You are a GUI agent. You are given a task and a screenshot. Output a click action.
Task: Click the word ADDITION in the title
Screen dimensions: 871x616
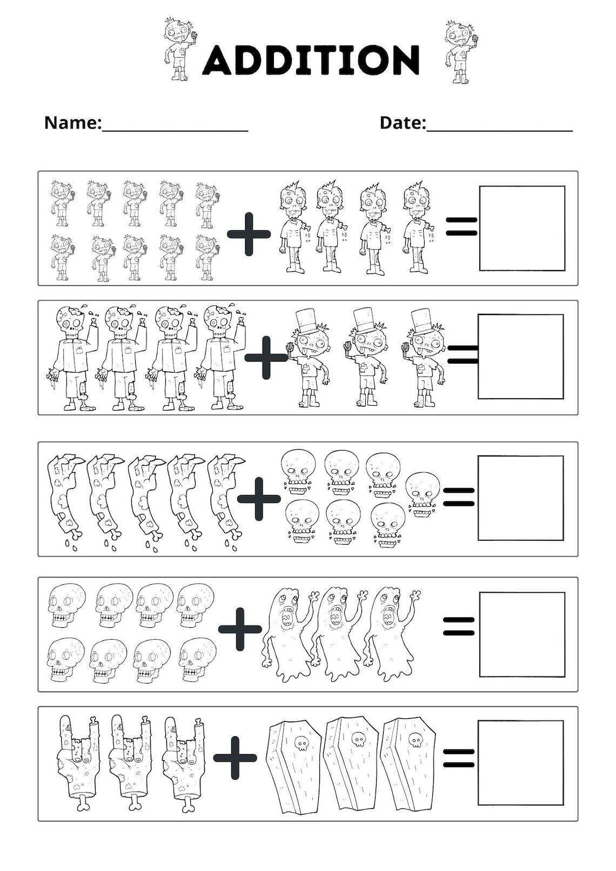coord(311,59)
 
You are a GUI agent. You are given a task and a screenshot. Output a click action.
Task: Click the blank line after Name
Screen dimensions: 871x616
coord(175,129)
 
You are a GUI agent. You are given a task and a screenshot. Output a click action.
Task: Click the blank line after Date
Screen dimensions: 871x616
coord(499,129)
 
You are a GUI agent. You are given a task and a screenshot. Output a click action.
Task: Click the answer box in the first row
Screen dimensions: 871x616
coord(522,228)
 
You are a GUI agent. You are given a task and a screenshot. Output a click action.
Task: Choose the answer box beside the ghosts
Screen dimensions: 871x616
coord(522,634)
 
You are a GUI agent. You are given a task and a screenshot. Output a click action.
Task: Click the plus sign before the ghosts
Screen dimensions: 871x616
coord(240,628)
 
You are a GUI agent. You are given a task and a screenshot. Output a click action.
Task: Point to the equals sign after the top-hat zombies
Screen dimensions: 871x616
coord(463,354)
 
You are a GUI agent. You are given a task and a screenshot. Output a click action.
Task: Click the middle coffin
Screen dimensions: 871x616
coord(352,762)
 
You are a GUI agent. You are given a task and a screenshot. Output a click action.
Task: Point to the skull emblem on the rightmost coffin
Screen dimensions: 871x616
coord(415,739)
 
